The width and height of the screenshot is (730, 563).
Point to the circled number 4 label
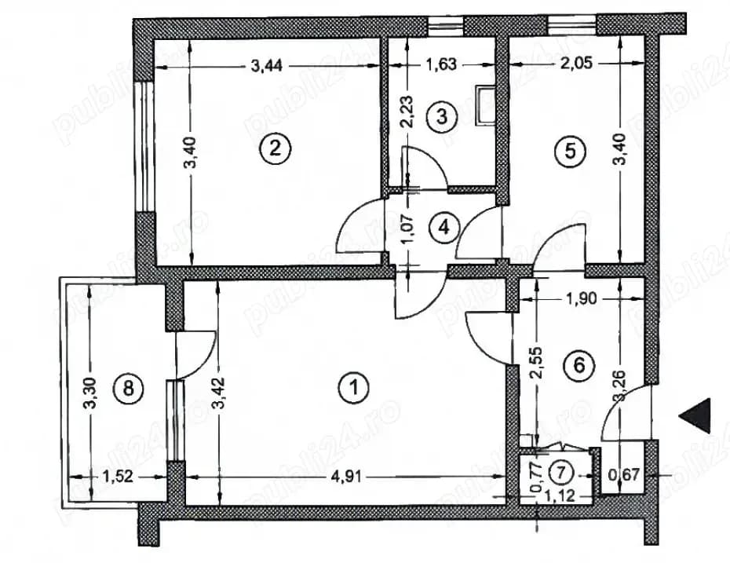click(x=443, y=228)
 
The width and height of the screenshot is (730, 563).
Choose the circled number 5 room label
click(x=571, y=152)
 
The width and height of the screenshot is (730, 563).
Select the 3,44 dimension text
click(x=266, y=67)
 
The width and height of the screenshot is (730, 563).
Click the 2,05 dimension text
click(x=575, y=67)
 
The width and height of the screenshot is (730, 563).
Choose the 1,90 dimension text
click(x=582, y=298)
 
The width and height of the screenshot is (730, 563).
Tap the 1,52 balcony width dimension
click(x=118, y=476)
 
